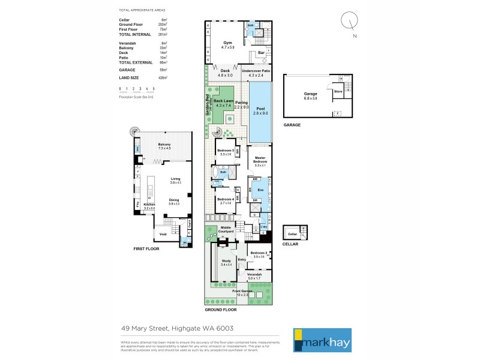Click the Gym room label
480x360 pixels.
(x=227, y=44)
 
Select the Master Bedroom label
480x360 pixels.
(x=260, y=161)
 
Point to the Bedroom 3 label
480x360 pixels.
(x=225, y=152)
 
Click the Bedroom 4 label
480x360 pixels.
(x=225, y=201)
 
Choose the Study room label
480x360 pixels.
(x=226, y=262)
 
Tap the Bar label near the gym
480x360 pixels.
(x=261, y=53)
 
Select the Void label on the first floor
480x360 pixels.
(x=162, y=233)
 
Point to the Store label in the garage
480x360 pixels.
(x=338, y=92)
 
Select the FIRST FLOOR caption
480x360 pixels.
(x=146, y=248)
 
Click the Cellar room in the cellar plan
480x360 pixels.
(x=293, y=233)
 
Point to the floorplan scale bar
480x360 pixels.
(x=137, y=91)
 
